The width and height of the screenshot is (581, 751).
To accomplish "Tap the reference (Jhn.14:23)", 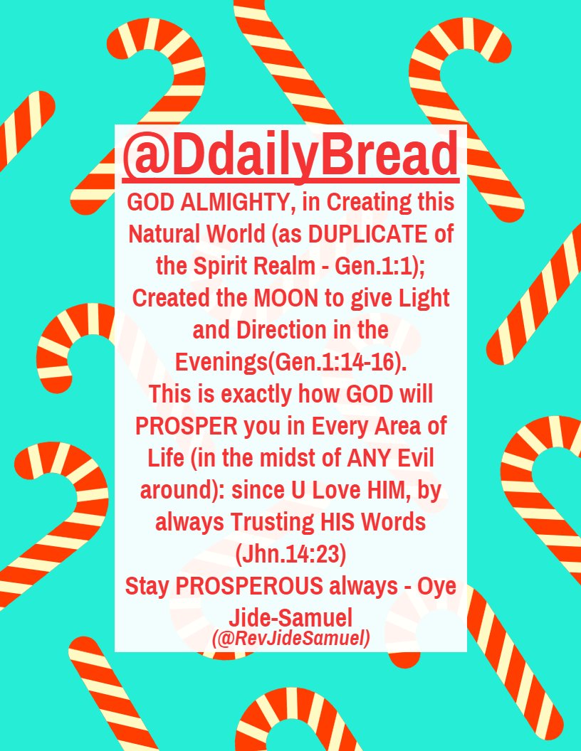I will click(x=290, y=553).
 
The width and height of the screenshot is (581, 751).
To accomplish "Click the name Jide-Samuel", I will click(x=290, y=617).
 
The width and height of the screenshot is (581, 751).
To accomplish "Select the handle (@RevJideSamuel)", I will click(x=290, y=639).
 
